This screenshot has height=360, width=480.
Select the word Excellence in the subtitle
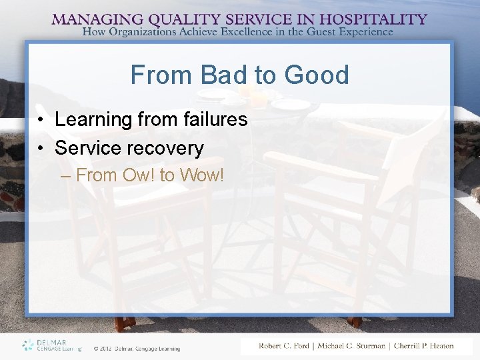pyautogui.click(x=256, y=31)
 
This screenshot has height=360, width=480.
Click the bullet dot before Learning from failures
pyautogui.click(x=41, y=120)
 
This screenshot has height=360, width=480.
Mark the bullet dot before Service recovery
pyautogui.click(x=41, y=148)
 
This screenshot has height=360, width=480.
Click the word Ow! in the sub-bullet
pyautogui.click(x=139, y=176)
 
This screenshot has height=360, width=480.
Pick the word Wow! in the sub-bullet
pyautogui.click(x=203, y=176)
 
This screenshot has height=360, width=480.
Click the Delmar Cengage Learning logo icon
pyautogui.click(x=27, y=345)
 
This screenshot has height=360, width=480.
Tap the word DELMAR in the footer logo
pyautogui.click(x=50, y=341)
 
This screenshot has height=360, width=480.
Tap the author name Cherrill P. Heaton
pyautogui.click(x=423, y=346)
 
